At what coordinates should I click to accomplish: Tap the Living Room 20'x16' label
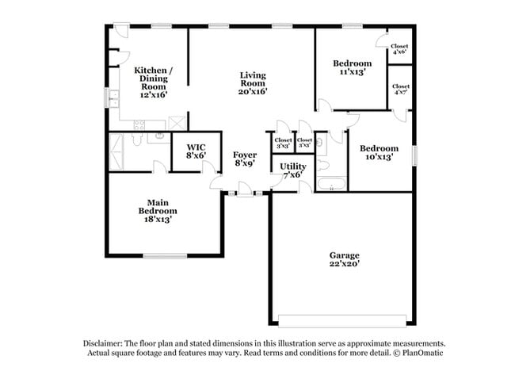click(254, 82)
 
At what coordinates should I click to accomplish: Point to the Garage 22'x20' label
click(345, 259)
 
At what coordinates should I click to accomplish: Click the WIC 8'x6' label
click(196, 151)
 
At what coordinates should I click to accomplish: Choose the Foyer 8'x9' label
click(244, 159)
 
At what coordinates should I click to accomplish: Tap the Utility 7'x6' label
click(292, 170)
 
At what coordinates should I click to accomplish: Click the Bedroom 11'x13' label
click(352, 68)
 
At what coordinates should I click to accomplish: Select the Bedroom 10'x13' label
click(379, 152)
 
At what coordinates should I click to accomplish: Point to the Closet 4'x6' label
click(399, 49)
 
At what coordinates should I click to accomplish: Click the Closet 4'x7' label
click(400, 90)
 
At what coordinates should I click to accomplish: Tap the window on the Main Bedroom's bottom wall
click(165, 255)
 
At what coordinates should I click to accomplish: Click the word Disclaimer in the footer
click(106, 344)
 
